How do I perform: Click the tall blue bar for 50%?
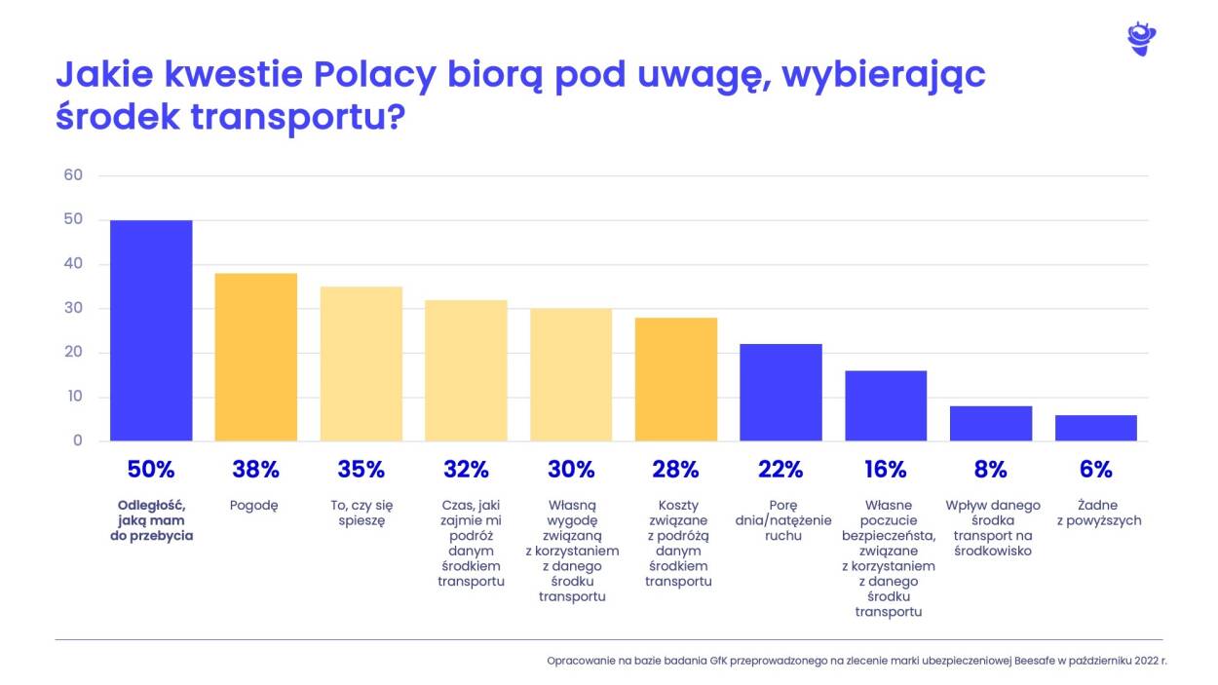tap(151, 330)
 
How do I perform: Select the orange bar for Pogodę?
tap(255, 357)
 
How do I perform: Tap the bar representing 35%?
tap(361, 363)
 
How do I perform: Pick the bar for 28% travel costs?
tap(675, 379)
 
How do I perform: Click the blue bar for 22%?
tap(780, 392)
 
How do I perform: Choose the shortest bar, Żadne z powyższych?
tap(1095, 428)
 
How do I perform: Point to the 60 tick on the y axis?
tap(74, 175)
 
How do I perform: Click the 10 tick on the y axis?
tap(74, 397)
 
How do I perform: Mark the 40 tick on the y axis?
tap(74, 264)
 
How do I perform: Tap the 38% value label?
tap(255, 470)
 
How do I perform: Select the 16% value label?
tap(885, 470)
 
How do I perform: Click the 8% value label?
tap(990, 470)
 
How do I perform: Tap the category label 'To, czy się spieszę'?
tap(361, 513)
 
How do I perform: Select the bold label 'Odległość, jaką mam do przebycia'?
tap(151, 520)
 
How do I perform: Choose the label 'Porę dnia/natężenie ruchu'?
tap(780, 520)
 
